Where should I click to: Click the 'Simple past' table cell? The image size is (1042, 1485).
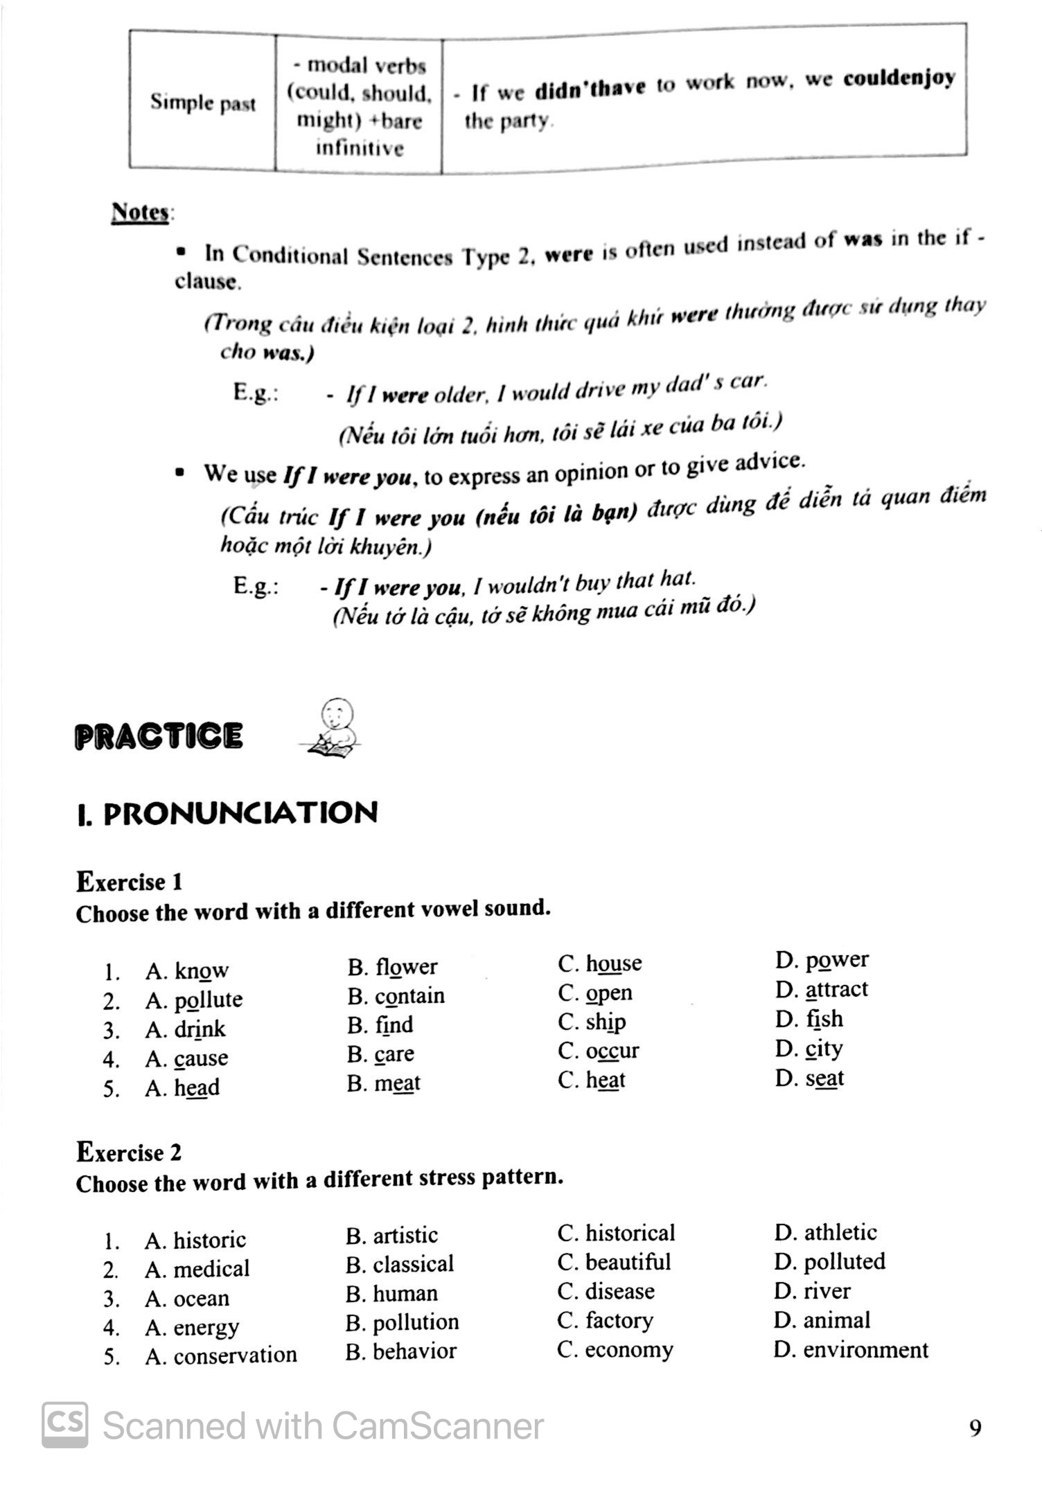point(202,103)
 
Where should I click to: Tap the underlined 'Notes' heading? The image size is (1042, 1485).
point(141,212)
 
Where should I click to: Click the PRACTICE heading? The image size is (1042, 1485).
point(159,736)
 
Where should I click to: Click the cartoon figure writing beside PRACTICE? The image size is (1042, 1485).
point(333,727)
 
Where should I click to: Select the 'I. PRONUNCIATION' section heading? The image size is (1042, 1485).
point(228,813)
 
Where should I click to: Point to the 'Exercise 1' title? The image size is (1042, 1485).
point(130,882)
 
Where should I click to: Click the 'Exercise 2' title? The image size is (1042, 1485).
point(129,1152)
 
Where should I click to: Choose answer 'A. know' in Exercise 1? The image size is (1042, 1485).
point(187,971)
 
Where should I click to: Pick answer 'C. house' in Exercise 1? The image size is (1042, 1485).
point(600,963)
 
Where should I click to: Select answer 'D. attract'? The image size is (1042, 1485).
point(822,989)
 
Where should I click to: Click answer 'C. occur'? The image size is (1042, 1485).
point(599,1051)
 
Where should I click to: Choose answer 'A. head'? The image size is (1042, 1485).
point(183,1087)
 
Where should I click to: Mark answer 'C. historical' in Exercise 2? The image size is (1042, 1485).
point(616,1234)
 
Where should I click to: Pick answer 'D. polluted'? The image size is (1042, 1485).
point(830,1261)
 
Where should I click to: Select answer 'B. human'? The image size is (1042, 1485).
point(392,1293)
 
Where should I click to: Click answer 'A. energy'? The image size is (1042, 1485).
point(193,1327)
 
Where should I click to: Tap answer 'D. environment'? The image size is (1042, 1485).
point(851,1350)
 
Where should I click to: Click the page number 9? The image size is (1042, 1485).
point(975,1428)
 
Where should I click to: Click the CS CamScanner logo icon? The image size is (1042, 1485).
point(65,1424)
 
